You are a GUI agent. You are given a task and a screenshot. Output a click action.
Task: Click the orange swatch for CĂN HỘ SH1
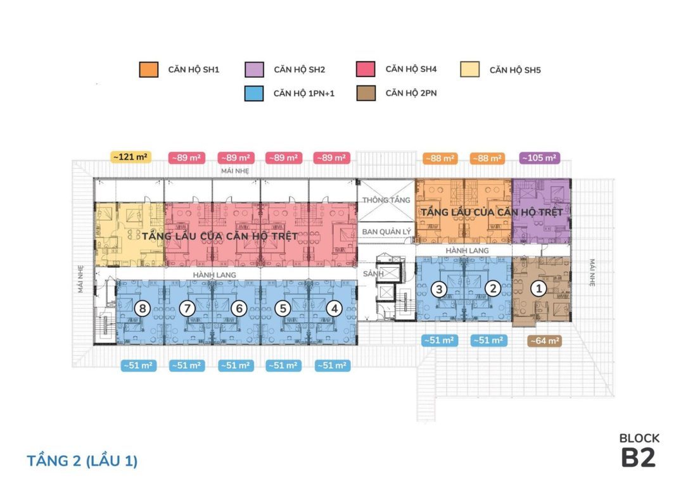tap(148, 69)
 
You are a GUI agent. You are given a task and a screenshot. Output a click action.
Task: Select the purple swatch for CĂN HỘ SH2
tap(253, 69)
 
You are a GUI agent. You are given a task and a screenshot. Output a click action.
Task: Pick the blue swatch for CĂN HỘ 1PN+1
tap(253, 93)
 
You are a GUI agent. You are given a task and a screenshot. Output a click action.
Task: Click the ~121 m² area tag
tap(131, 157)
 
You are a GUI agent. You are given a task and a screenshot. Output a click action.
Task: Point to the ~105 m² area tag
tap(538, 158)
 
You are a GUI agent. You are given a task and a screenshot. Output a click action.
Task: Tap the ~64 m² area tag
tap(545, 340)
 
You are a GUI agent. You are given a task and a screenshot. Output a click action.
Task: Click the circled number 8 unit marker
tap(144, 309)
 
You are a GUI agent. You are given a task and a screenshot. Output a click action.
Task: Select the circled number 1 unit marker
tap(538, 289)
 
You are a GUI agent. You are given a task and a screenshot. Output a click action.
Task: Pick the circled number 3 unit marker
tap(439, 289)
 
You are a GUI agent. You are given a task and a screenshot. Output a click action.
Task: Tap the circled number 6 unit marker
tap(238, 309)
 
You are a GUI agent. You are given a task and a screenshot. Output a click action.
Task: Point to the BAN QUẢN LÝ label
tap(387, 232)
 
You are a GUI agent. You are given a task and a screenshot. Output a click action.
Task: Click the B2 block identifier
tap(638, 459)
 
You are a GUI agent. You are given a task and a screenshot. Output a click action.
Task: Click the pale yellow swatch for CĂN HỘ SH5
tap(469, 69)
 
